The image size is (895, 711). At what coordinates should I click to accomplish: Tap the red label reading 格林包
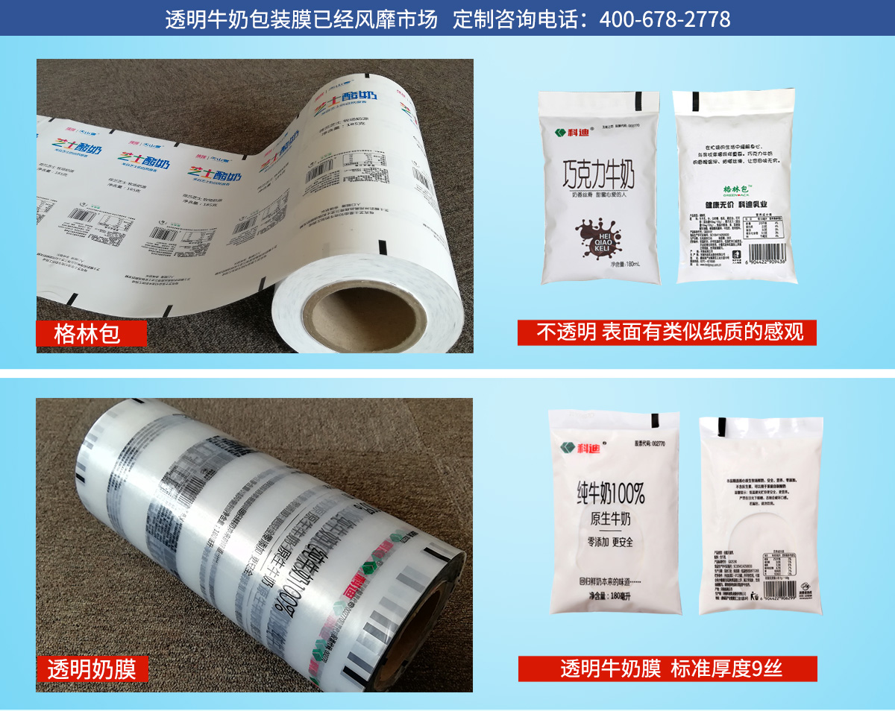point(89,333)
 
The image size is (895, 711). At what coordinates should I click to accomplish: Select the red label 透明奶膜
point(92,669)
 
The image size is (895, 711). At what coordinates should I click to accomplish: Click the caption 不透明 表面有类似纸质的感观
point(667,332)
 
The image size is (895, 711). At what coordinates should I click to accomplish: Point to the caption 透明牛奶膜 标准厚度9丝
point(668,669)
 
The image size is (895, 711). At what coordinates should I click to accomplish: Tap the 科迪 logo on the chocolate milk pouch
point(571,132)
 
